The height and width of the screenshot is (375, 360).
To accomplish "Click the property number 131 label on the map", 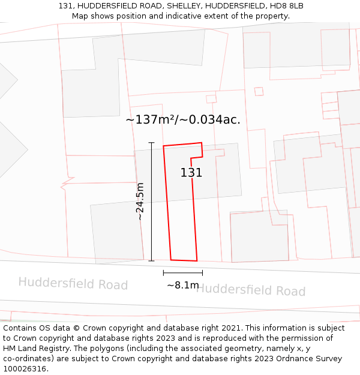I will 191,173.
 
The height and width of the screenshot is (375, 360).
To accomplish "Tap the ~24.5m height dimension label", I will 140,202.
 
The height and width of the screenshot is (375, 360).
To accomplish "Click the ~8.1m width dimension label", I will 182,285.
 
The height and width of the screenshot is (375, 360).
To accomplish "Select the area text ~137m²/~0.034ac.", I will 183,119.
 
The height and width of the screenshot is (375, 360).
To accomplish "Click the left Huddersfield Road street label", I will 73,283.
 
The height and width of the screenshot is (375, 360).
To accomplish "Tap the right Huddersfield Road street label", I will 250,290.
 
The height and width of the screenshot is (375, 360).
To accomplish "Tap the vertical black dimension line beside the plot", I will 151,202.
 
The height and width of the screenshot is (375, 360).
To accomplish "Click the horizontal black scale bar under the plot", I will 182,272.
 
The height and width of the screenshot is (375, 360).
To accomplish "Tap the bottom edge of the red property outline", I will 184,260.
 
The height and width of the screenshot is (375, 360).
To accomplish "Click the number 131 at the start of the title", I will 65,6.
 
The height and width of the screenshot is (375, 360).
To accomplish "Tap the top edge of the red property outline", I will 182,144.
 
